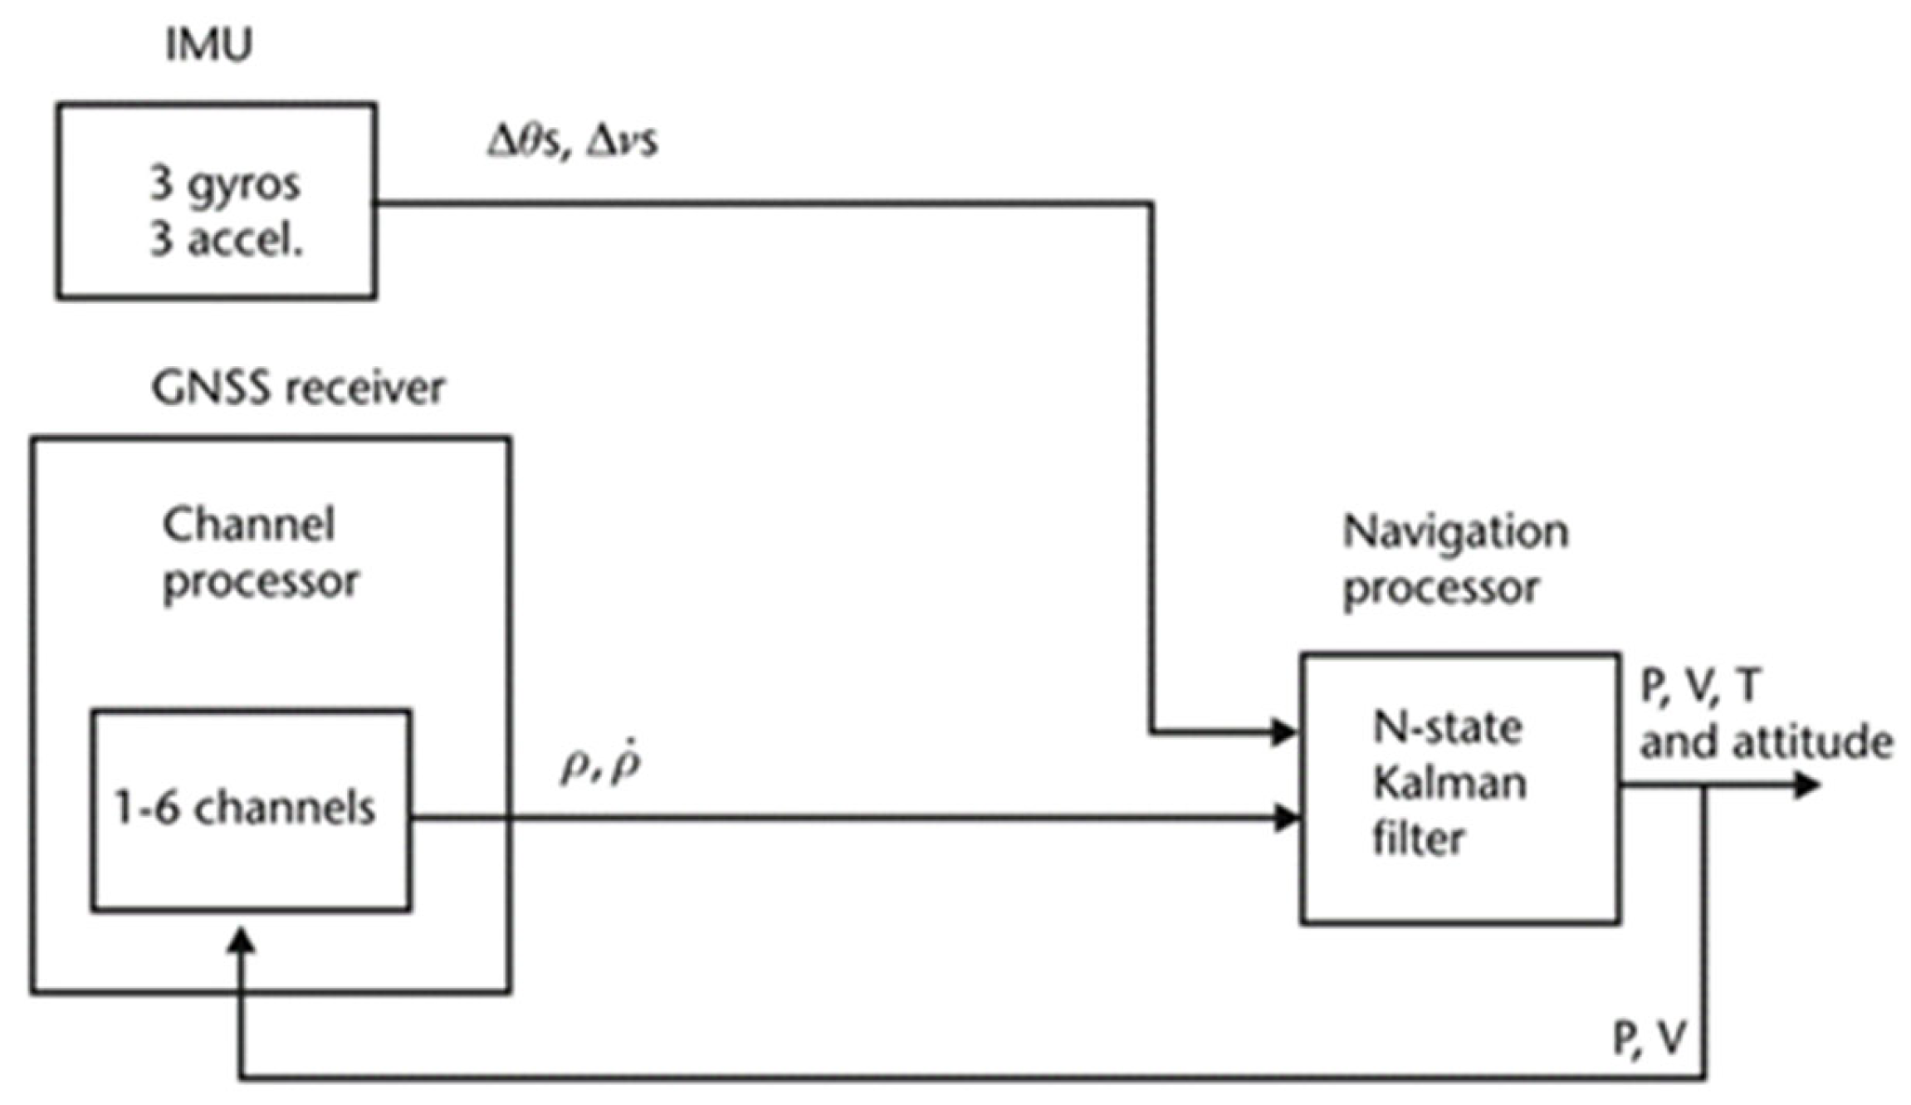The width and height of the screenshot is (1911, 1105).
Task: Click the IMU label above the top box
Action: click(208, 45)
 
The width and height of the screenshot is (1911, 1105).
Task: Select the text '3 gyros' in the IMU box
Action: click(224, 184)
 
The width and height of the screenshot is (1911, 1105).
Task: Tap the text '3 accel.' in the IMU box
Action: click(226, 241)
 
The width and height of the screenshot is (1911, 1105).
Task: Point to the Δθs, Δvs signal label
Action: click(572, 142)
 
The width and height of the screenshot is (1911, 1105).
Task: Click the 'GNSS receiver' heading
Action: click(297, 389)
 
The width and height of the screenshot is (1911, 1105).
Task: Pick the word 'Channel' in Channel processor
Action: click(248, 526)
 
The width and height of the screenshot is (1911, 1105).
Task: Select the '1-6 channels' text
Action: click(245, 808)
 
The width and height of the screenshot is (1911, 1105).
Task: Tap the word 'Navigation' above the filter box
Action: click(1455, 531)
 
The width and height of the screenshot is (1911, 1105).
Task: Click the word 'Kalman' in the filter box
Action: click(1449, 783)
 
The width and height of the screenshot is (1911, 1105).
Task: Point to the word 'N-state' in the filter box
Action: click(1447, 728)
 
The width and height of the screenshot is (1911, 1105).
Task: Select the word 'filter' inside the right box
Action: click(1418, 839)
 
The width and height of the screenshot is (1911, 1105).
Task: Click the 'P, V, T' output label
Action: click(1698, 687)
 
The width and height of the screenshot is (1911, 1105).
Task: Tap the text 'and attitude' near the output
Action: click(1766, 741)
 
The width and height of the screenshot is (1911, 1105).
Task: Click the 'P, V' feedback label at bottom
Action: click(1649, 1038)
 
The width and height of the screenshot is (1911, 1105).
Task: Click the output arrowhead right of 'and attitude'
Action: click(1806, 785)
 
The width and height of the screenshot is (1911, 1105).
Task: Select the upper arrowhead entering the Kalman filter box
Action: click(1283, 732)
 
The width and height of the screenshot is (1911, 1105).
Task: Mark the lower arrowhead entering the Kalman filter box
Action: click(1285, 817)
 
